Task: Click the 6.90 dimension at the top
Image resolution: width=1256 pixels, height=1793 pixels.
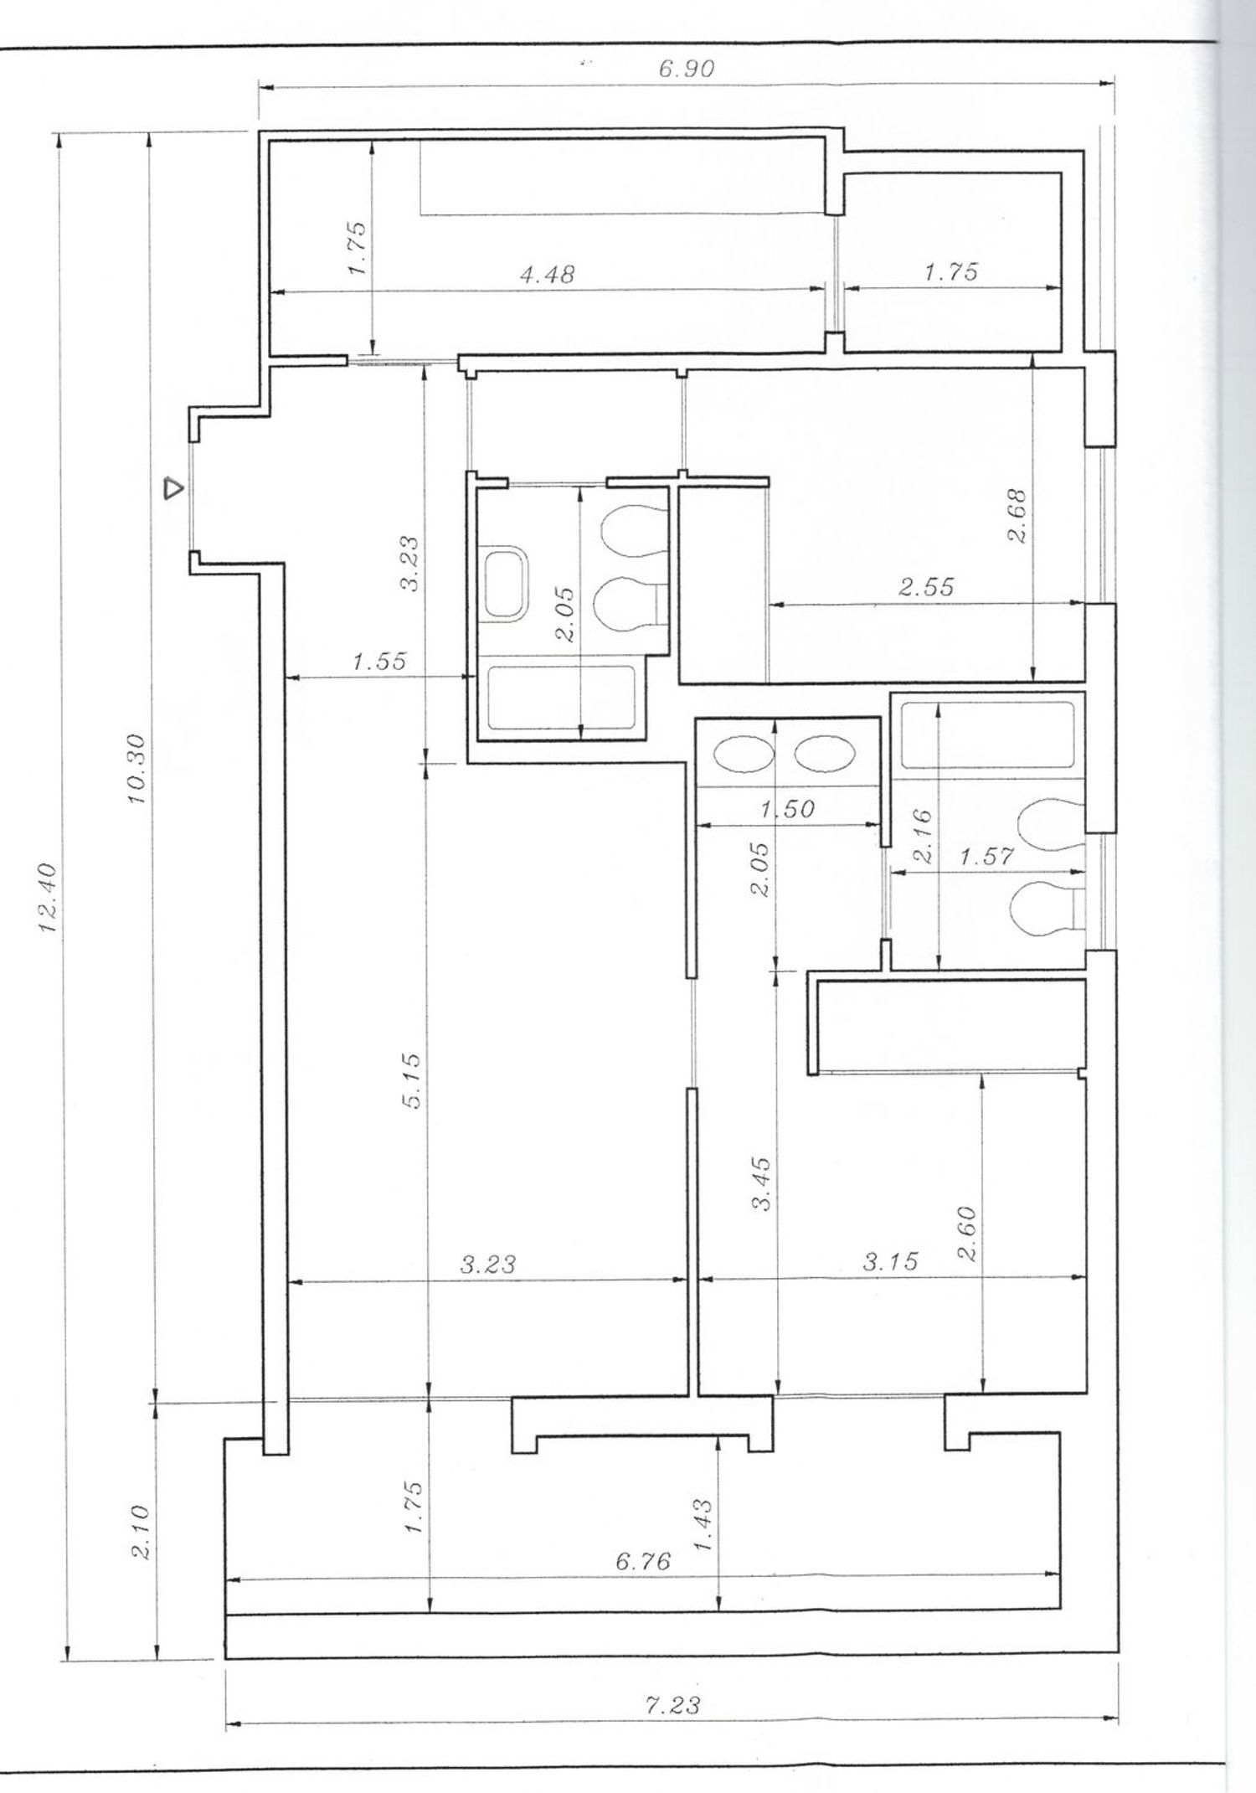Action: click(x=687, y=69)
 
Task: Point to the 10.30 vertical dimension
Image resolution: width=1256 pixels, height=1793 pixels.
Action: click(x=136, y=769)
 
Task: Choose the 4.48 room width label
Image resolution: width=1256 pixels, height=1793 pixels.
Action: click(x=548, y=274)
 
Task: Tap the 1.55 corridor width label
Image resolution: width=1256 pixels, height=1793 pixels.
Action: click(x=378, y=662)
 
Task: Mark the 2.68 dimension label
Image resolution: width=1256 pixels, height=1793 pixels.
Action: click(x=1017, y=516)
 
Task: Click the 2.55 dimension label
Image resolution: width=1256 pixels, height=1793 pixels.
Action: click(x=926, y=586)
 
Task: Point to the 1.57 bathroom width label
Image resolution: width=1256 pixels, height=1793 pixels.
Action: click(x=986, y=857)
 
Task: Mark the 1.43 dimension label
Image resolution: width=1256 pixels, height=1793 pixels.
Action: click(x=703, y=1525)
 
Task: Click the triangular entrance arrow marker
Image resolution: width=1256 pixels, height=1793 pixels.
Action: click(x=172, y=487)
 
